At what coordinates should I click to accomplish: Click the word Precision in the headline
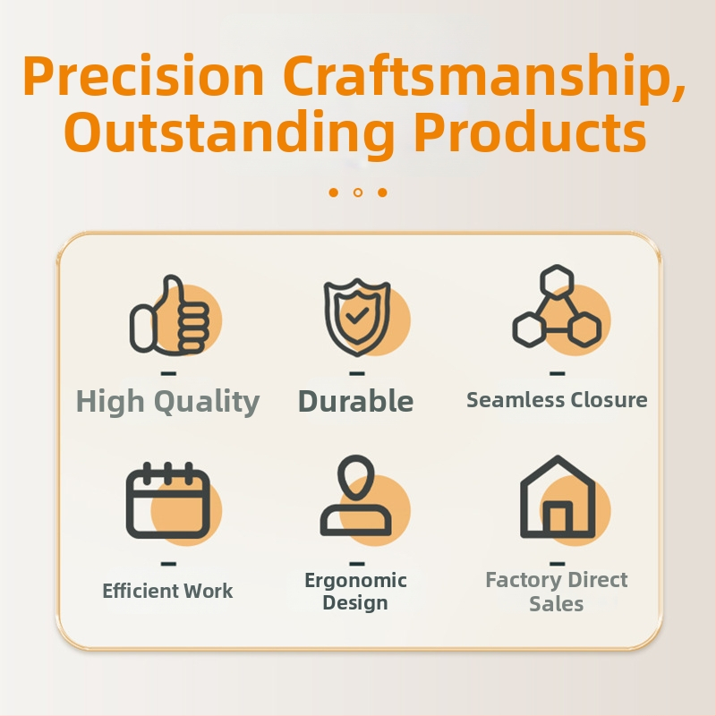[143, 76]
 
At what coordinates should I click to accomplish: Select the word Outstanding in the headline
[229, 132]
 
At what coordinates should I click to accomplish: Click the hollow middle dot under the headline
[358, 192]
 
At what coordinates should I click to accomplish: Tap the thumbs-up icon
[170, 315]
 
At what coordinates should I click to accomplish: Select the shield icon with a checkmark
[357, 317]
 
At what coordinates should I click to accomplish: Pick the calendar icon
[168, 500]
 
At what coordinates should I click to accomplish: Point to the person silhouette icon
[355, 496]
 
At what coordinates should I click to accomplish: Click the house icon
[558, 497]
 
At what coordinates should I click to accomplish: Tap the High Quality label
[167, 402]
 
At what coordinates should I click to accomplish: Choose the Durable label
[355, 401]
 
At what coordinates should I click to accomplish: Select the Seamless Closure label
[557, 400]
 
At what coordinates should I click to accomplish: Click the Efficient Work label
[167, 591]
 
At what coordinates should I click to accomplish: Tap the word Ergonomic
[355, 581]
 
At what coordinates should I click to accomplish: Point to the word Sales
[556, 603]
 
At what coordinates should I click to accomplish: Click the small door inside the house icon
[558, 517]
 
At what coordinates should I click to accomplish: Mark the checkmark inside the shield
[357, 315]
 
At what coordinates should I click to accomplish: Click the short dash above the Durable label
[357, 373]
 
